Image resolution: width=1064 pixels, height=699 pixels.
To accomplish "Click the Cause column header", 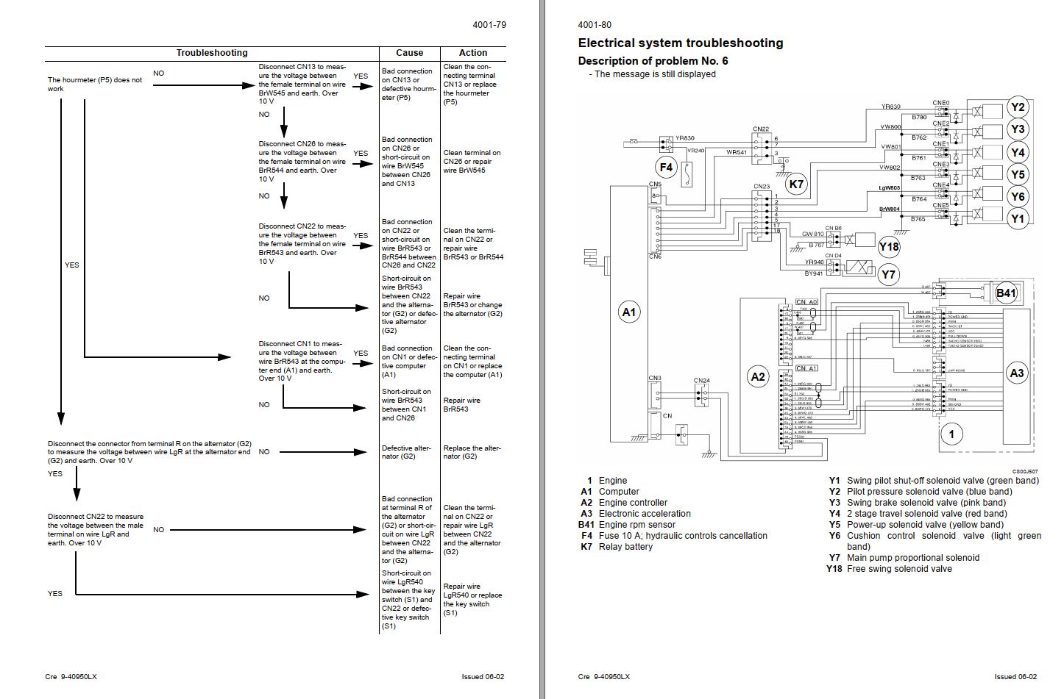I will click(x=409, y=53).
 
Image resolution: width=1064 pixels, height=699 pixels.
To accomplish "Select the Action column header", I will click(x=472, y=53).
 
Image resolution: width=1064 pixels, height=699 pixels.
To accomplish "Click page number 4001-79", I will click(x=489, y=25).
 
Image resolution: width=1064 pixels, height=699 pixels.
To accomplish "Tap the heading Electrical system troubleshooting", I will click(x=680, y=43).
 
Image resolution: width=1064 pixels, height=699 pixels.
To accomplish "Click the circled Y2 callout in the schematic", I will click(x=1017, y=107).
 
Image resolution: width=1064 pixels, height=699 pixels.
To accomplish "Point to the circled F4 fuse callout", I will click(x=666, y=168).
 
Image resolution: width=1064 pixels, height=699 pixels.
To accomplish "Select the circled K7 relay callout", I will click(x=796, y=184).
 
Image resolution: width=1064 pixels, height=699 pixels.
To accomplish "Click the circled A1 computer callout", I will click(x=628, y=312).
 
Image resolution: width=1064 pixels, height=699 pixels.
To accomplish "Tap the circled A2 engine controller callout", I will click(x=757, y=377).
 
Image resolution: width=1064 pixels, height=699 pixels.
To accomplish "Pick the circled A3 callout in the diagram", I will click(x=1016, y=373).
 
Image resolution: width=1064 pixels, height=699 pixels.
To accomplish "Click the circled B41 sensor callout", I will click(x=1005, y=293).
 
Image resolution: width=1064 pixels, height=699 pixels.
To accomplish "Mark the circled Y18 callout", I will click(x=889, y=248).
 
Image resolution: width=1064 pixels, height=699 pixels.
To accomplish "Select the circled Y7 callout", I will click(x=889, y=275).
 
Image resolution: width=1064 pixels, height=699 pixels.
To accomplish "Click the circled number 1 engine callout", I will click(x=951, y=434).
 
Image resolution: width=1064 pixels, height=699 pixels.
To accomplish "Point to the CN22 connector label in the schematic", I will click(x=761, y=129).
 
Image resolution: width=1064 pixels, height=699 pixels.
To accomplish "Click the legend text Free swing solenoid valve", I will click(x=899, y=569).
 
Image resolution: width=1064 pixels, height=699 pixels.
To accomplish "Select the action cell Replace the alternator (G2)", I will click(x=472, y=452).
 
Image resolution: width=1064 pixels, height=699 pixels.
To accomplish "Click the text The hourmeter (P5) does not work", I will click(x=95, y=85).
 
